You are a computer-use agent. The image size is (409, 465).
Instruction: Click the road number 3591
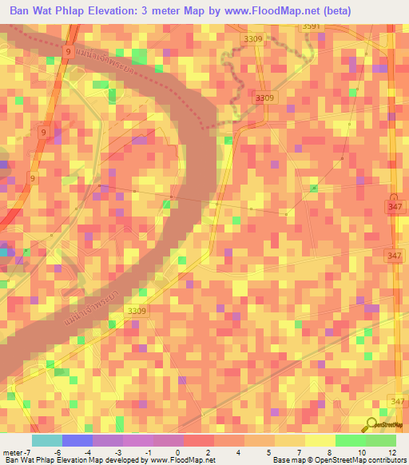click(311, 26)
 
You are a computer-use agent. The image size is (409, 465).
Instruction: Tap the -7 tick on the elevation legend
click(28, 452)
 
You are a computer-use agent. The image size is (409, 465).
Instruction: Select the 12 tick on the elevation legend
click(391, 452)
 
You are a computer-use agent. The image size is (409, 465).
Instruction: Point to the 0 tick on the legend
click(183, 452)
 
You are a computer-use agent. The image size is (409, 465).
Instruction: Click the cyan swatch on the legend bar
click(46, 440)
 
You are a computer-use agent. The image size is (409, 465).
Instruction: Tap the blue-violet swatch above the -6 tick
click(77, 440)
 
